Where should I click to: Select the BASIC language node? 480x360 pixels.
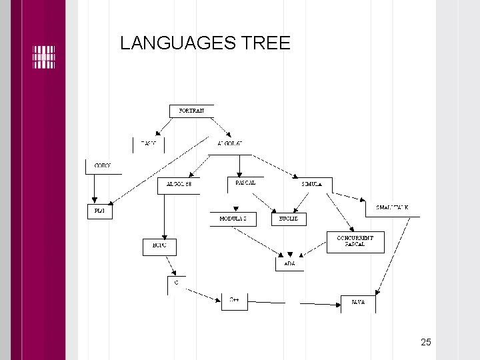(148, 143)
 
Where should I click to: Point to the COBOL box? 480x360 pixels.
(103, 165)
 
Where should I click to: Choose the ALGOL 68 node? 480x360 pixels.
(179, 183)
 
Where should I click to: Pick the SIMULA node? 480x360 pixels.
(312, 183)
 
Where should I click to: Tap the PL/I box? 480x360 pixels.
(100, 211)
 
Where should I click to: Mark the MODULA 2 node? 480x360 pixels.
(233, 219)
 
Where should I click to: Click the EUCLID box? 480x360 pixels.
(289, 219)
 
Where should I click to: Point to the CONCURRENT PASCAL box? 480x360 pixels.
(355, 241)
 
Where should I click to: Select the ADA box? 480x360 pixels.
(290, 264)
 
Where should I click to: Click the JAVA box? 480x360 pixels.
(358, 303)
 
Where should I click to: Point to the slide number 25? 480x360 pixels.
(426, 342)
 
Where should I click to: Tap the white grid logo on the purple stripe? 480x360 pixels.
(43, 57)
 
